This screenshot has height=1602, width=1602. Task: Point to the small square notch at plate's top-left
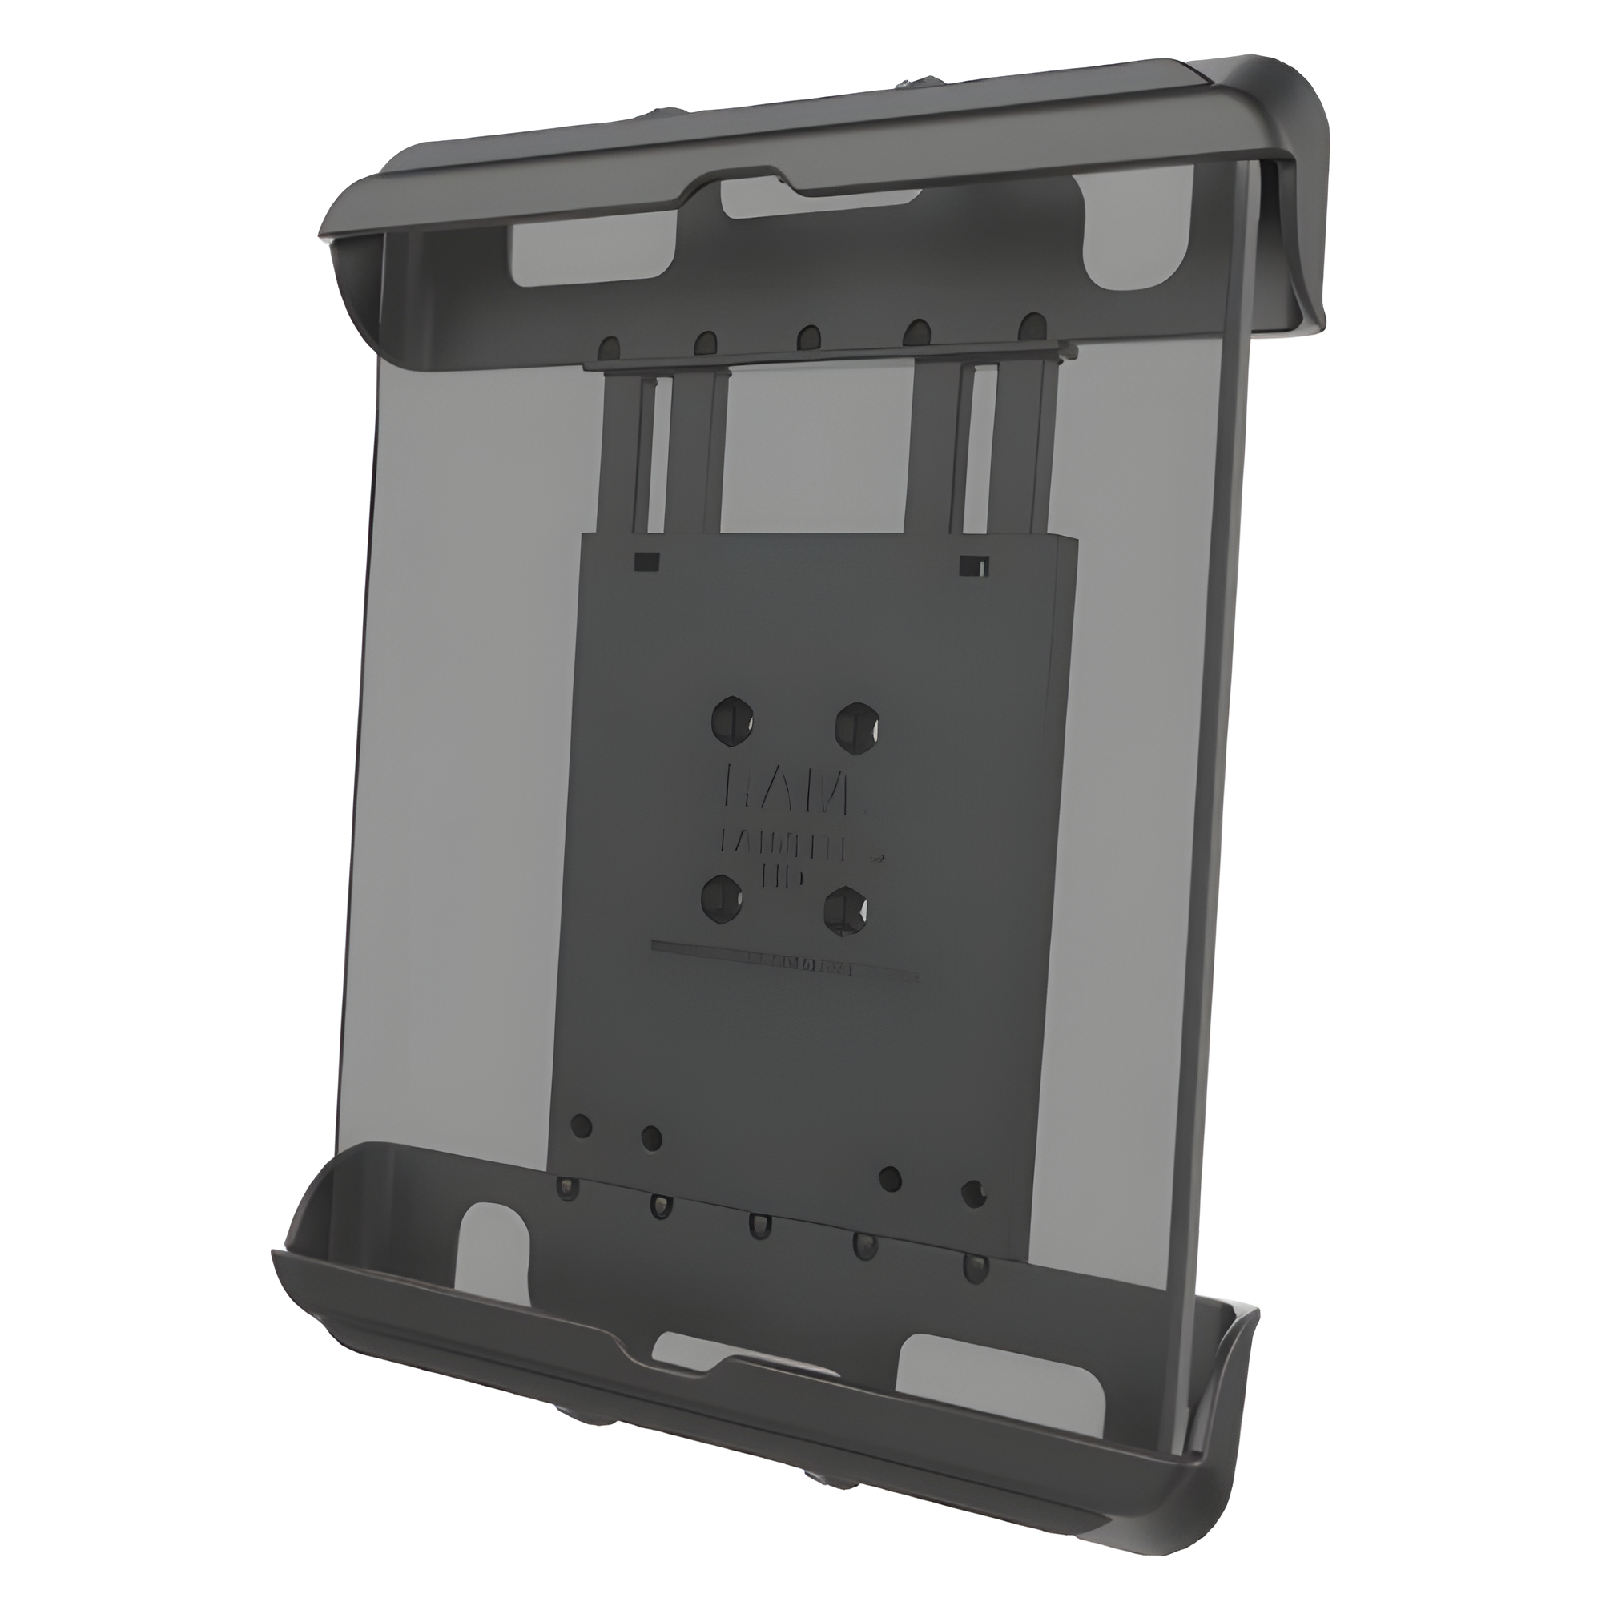[x=646, y=562]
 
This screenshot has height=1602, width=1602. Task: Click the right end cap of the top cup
[x=1294, y=199]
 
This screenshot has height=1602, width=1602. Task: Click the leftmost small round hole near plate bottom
[x=583, y=1125]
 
